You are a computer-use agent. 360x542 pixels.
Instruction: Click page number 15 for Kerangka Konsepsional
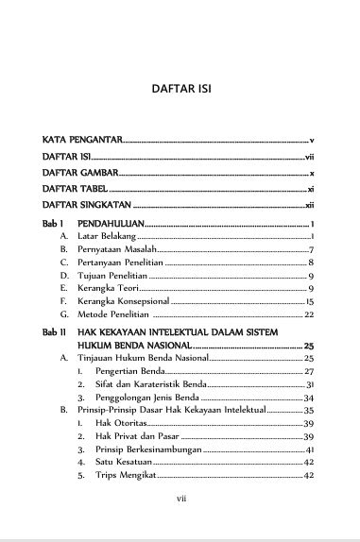(310, 300)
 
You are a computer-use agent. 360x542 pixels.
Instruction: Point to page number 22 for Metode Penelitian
(309, 313)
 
